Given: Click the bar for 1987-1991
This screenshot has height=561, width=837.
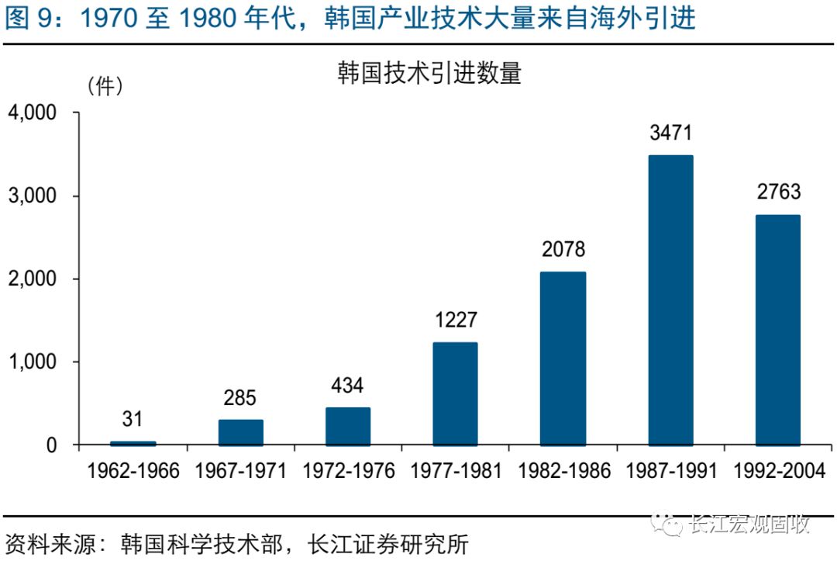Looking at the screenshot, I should [670, 300].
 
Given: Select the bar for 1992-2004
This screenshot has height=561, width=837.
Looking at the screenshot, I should [777, 330].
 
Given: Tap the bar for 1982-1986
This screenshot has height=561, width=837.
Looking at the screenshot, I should [563, 358].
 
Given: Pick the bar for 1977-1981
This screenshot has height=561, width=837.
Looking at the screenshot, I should [455, 393].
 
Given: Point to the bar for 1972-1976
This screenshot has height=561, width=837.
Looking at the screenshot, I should [348, 426].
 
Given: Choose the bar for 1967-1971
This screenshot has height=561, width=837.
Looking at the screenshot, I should [240, 432].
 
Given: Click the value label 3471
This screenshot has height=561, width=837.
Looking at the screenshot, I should [670, 133].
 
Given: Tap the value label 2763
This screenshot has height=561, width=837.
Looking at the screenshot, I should [778, 192].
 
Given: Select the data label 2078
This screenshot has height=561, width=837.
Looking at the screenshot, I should [563, 250].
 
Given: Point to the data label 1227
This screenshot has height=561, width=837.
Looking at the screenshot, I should [455, 320].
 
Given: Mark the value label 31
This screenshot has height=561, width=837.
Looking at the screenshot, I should [133, 419].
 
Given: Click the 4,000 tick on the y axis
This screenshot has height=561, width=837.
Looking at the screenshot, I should [33, 113].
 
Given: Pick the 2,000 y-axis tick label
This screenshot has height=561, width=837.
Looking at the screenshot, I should [33, 279].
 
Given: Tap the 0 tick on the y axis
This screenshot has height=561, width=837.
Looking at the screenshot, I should [51, 445].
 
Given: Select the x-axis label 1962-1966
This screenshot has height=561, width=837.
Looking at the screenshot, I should [133, 471].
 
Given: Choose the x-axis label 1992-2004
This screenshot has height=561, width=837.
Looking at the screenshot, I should [778, 471].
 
